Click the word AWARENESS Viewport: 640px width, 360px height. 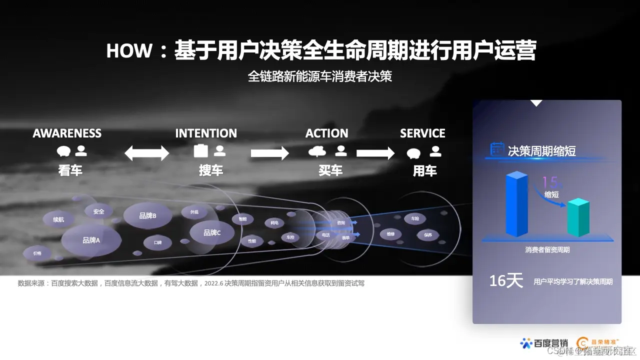click(67, 133)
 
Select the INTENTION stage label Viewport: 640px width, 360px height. click(206, 133)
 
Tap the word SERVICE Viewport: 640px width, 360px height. click(422, 133)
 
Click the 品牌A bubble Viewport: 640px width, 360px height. click(91, 240)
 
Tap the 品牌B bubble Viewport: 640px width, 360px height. click(147, 215)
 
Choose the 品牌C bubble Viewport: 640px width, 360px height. click(212, 232)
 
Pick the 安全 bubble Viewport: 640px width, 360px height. click(98, 211)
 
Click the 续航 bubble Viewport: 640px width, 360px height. click(58, 219)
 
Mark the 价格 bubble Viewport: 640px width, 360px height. click(37, 253)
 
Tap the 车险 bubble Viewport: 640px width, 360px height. click(415, 218)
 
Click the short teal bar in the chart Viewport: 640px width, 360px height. click(578, 218)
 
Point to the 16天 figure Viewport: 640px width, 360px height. click(505, 281)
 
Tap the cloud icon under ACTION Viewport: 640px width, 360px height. click(317, 151)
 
